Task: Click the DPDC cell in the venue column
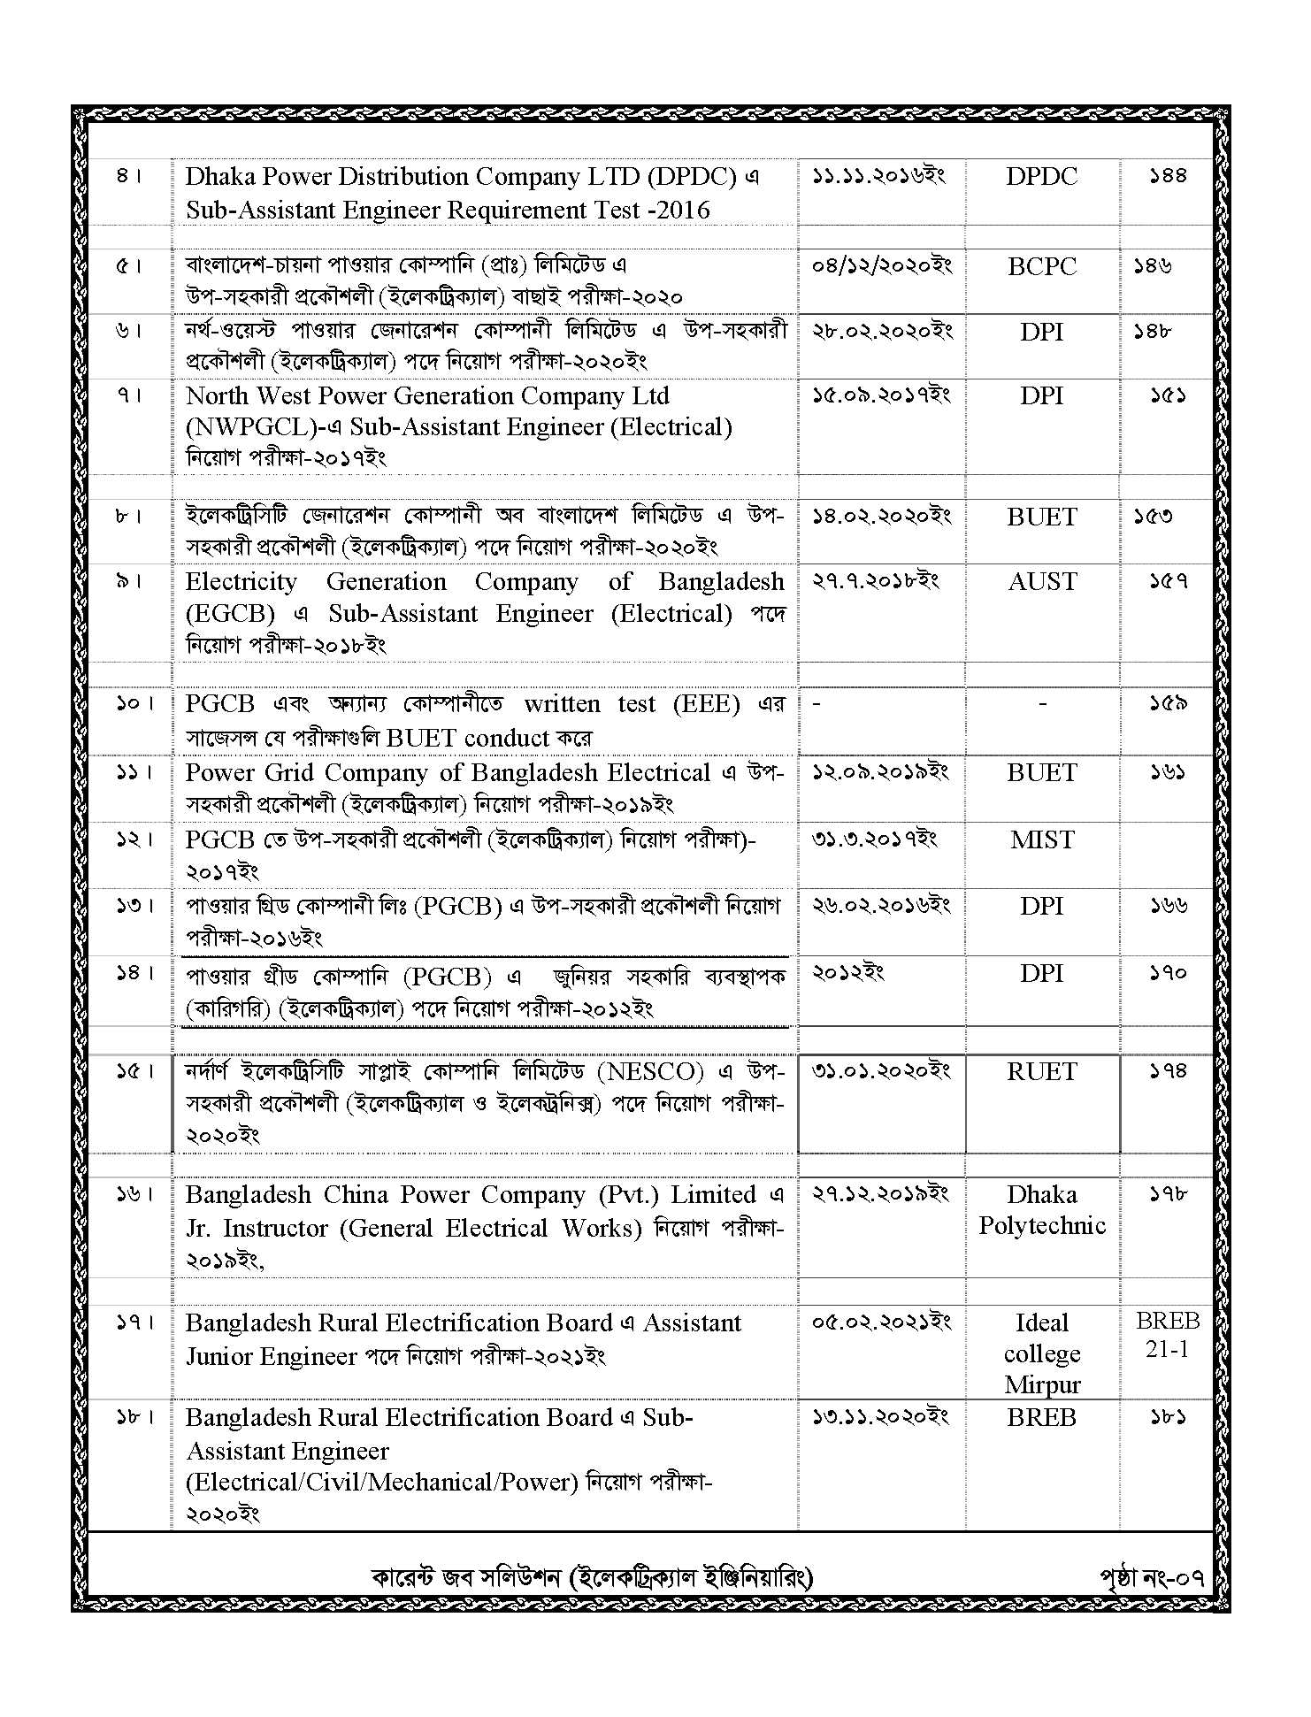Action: (1041, 177)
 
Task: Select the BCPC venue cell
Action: (1041, 266)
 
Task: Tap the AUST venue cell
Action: (1042, 582)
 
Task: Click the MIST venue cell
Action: (1041, 839)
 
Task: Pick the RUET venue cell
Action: (1041, 1072)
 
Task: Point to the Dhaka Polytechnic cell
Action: (1041, 1210)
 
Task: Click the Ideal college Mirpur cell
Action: (1041, 1353)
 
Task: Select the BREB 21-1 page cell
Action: (1167, 1335)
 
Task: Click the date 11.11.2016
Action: (878, 176)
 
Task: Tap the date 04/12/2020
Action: (881, 265)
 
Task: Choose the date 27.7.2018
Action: (875, 581)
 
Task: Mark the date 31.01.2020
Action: (880, 1071)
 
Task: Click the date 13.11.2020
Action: (879, 1417)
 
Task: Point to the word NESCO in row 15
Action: (650, 1072)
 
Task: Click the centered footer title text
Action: (592, 1577)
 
